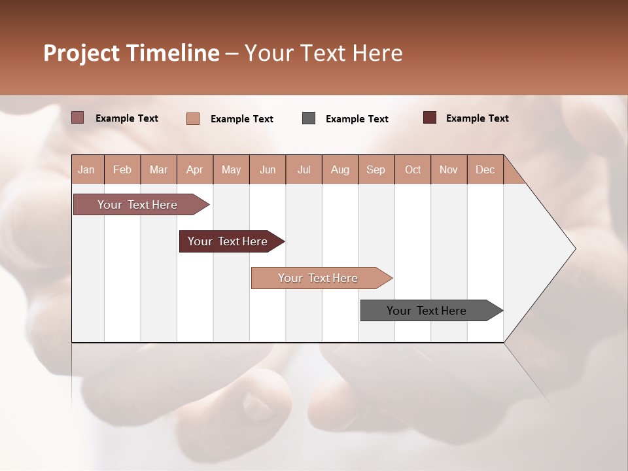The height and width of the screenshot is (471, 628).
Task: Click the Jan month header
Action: point(86,170)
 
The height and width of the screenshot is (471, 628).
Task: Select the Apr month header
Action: point(194,170)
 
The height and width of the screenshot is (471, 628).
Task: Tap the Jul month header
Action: point(304,170)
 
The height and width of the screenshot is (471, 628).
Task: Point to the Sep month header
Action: point(375,170)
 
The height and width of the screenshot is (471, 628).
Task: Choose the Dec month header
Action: point(485,170)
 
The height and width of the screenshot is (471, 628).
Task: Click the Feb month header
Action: point(122,170)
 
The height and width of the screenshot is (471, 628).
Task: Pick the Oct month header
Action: point(413,170)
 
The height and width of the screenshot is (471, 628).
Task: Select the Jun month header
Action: point(268,170)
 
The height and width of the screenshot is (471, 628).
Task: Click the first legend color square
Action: point(78,118)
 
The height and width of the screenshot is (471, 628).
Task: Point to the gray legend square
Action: point(309,118)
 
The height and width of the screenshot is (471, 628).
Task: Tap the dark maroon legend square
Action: point(430,118)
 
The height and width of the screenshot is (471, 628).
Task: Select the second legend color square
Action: point(193,118)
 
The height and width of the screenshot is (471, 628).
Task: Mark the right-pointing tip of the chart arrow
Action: point(574,249)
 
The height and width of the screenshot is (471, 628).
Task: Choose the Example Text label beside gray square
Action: point(357,119)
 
